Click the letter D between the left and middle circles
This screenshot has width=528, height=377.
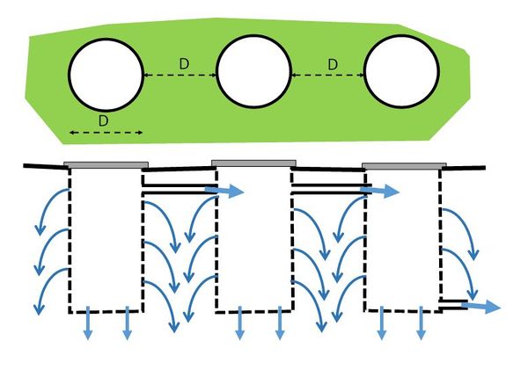(x=184, y=64)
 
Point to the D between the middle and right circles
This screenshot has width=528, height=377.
(x=333, y=64)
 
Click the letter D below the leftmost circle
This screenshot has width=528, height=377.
(x=103, y=120)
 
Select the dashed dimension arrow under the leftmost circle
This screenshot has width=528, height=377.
(x=106, y=133)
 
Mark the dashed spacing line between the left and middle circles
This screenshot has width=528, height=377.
(x=180, y=75)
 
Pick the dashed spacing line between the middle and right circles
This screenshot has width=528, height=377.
(x=327, y=75)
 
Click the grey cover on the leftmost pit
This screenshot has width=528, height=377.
(x=106, y=165)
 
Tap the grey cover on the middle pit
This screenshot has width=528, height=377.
(x=253, y=163)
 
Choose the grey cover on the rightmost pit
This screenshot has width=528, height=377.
(x=404, y=166)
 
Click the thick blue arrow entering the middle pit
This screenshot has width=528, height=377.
(x=224, y=191)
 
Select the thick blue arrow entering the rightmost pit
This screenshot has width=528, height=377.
(x=379, y=191)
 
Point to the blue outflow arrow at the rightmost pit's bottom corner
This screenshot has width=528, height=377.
(x=481, y=307)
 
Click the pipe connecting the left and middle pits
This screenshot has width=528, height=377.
(x=180, y=189)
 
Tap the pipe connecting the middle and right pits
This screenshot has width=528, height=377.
(x=332, y=189)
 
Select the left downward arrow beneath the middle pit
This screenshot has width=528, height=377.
(x=239, y=323)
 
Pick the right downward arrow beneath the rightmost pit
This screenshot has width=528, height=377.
(x=421, y=323)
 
